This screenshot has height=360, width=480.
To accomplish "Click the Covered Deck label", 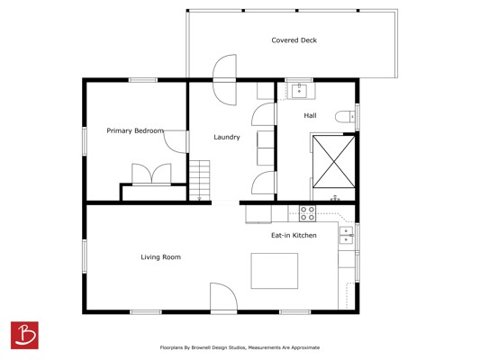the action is coord(294,40).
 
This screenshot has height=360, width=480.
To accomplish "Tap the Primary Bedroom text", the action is coord(135,130).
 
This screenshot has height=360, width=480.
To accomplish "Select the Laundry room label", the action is coord(227,137).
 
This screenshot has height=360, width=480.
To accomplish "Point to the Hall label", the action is coord(310,115).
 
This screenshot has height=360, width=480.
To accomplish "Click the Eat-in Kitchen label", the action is coord(294,235).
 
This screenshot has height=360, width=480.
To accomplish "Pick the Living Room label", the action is coord(160,257).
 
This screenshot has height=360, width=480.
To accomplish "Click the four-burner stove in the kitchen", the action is coord(307,213).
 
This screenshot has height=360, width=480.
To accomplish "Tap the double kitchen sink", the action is coord(346,236).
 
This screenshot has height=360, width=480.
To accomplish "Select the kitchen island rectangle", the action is coord(275,271).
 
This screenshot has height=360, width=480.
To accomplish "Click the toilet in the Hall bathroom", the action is coord(345,117).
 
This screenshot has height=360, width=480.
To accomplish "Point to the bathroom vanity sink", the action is coord(299,91).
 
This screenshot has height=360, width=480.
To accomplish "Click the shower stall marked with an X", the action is coord(334,161).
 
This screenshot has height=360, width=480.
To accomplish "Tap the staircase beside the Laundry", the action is coord(200,180).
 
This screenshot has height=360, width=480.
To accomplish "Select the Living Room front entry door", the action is coord(223,297).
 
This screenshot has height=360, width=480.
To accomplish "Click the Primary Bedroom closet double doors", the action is coord(151,175).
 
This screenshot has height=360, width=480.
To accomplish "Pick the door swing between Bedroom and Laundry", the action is coord(176,141).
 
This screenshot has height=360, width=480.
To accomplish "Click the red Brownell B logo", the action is coord(24,335).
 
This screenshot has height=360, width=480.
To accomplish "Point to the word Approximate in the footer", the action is coord(305,347).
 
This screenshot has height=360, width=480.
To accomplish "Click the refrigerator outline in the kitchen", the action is coord(258,214).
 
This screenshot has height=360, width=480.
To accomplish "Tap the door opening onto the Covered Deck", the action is coord(225,80).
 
